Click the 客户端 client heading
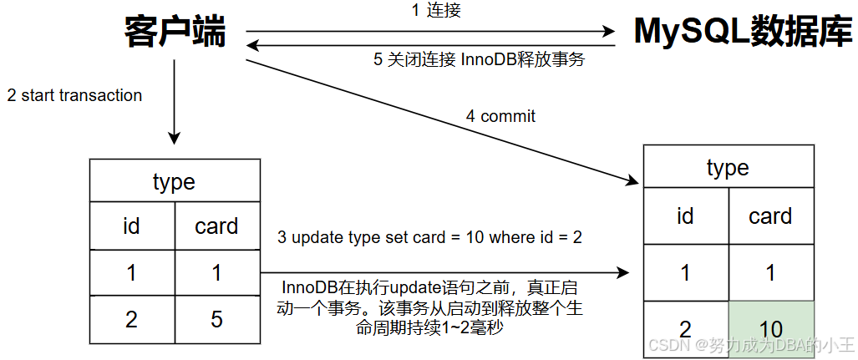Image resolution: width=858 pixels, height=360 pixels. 175,33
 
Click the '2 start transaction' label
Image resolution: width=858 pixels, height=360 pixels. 74,95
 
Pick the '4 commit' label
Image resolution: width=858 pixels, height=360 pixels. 500,116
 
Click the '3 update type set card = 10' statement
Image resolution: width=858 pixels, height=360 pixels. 429,237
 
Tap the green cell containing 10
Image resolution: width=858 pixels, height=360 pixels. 770,329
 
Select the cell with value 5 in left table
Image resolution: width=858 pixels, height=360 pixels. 216,319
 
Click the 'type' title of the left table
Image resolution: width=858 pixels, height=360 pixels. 174,182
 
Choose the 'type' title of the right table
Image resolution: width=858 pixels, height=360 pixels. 728,168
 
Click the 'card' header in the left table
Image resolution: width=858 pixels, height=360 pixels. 216,226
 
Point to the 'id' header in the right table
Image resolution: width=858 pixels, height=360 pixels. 685,215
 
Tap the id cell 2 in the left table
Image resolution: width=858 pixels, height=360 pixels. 131,319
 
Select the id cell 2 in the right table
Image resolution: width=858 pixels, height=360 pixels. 685,329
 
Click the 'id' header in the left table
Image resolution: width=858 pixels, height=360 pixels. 131,226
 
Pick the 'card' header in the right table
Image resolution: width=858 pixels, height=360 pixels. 770,215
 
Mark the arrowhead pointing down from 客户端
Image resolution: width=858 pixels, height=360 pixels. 175,138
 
